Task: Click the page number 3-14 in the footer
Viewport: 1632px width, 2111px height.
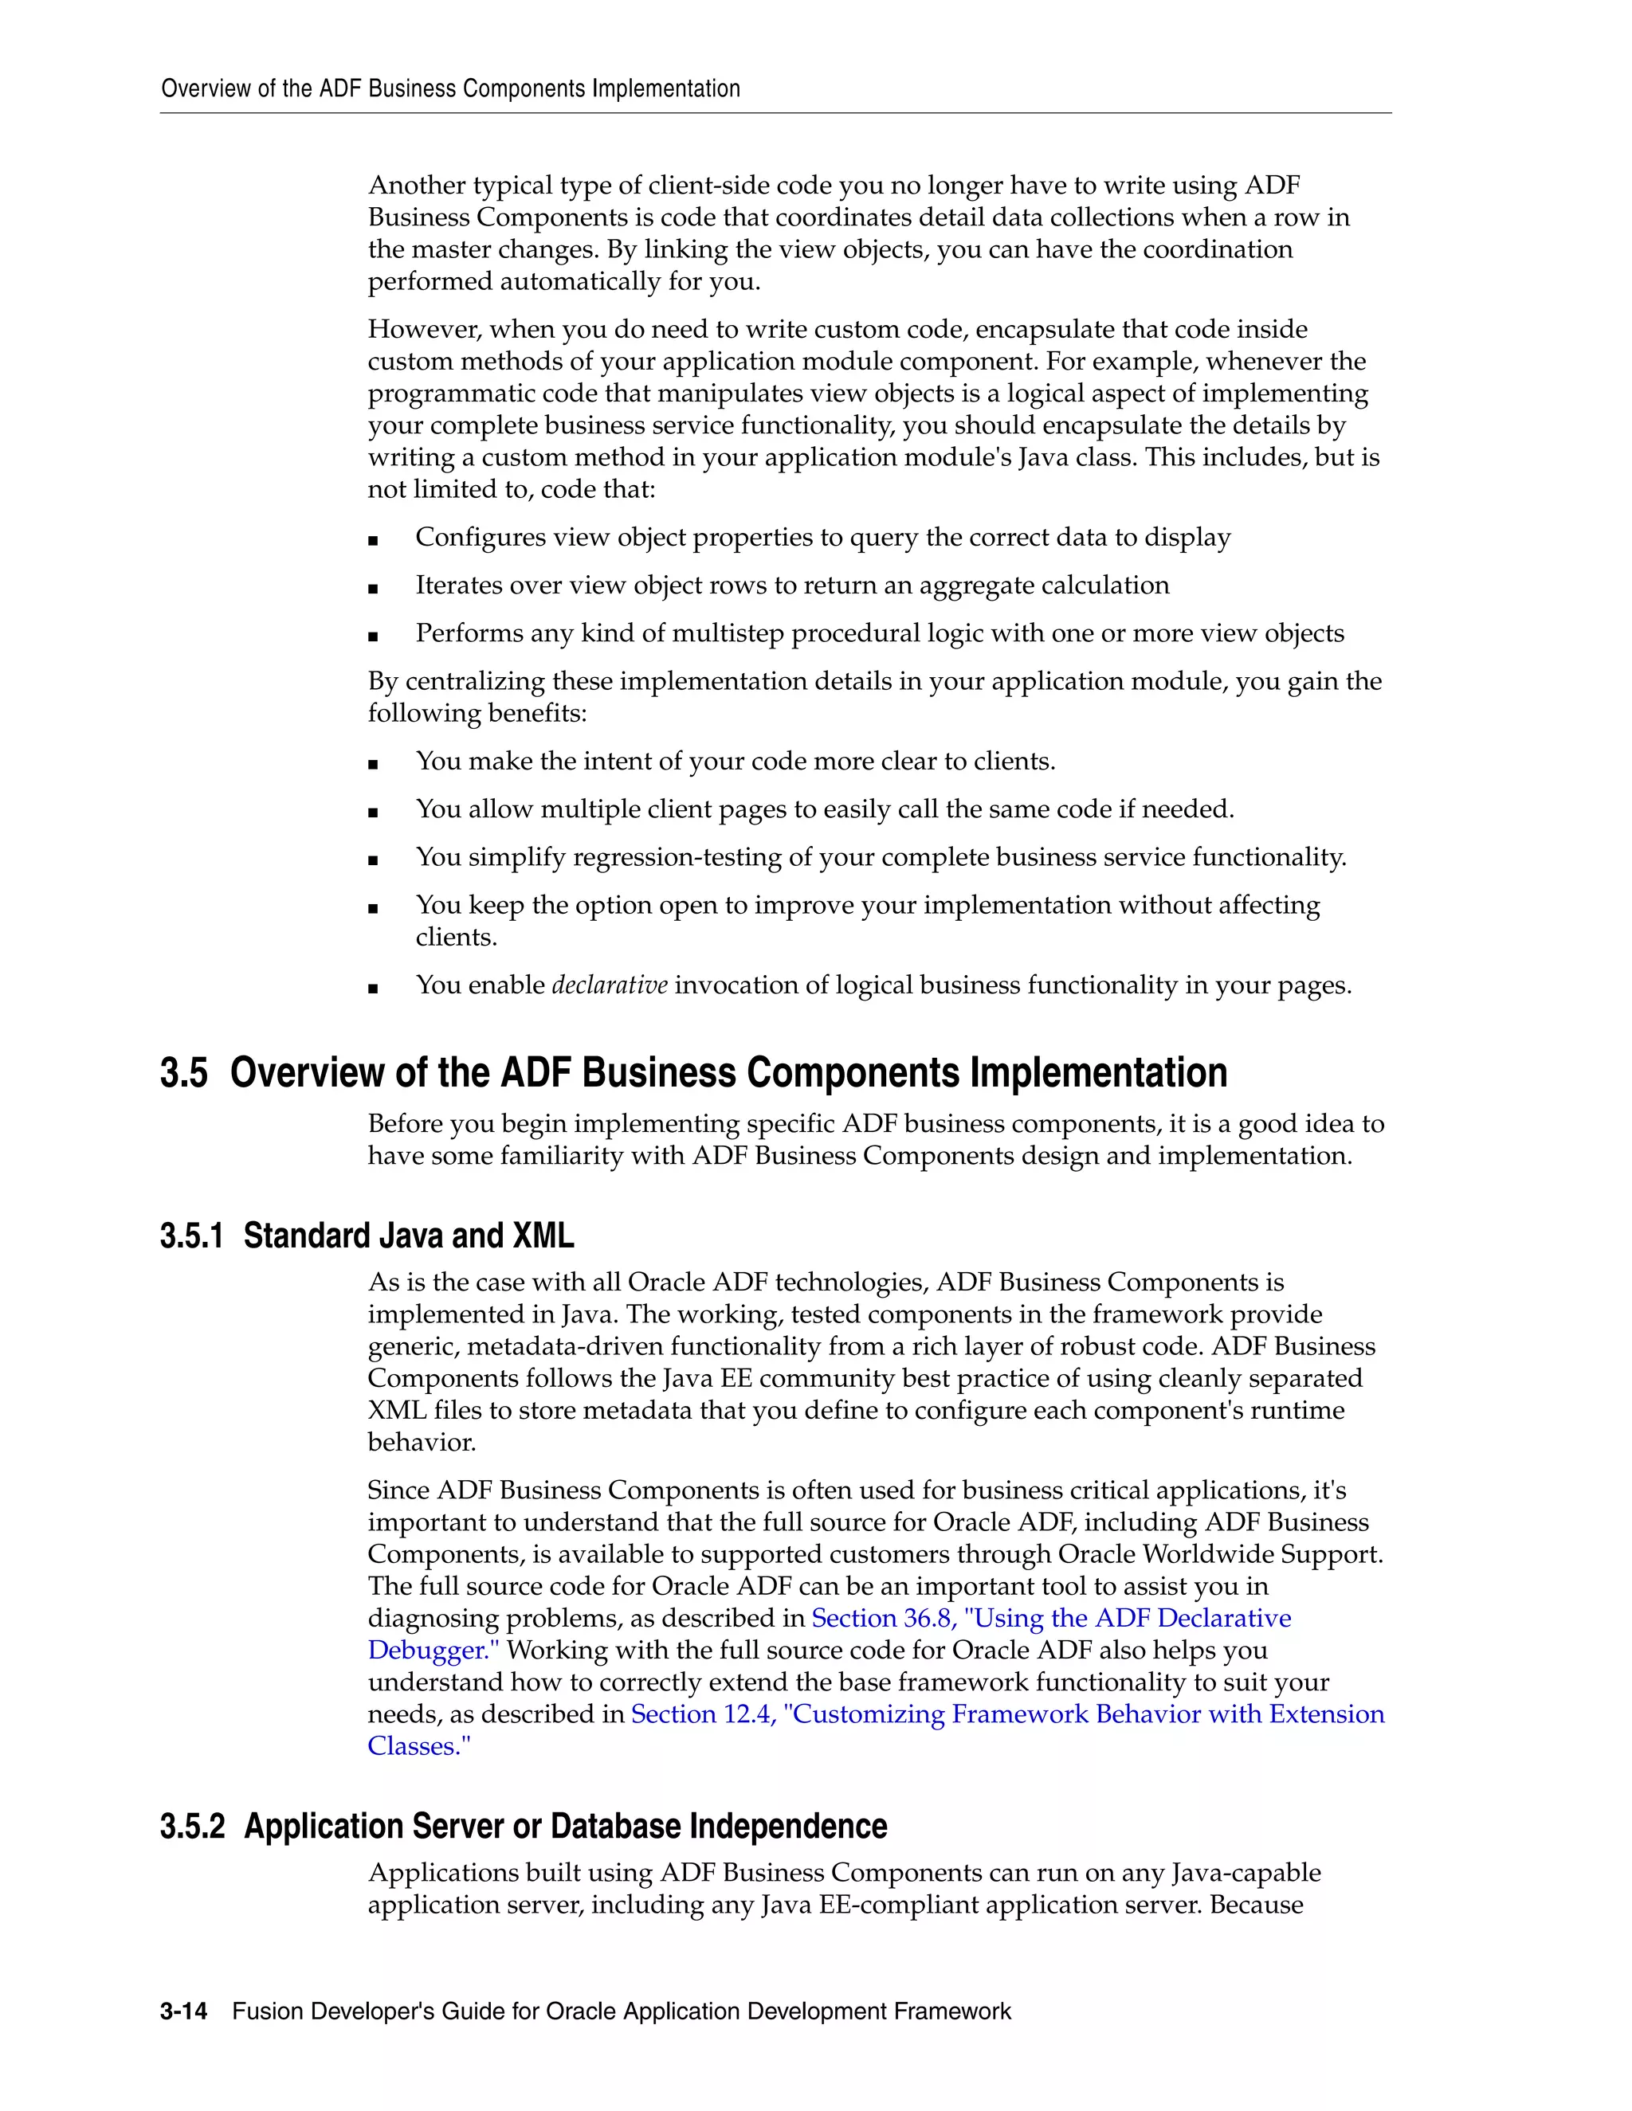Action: pos(184,2011)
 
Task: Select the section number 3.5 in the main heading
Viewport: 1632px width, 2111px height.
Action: pos(184,1073)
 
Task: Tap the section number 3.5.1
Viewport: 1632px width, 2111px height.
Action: pos(191,1236)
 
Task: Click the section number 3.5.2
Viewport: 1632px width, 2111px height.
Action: pos(192,1826)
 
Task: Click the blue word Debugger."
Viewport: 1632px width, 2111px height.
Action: pos(433,1650)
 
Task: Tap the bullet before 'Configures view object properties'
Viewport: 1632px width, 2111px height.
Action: pos(373,540)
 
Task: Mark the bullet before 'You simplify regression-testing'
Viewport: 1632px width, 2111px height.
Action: pos(373,860)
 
